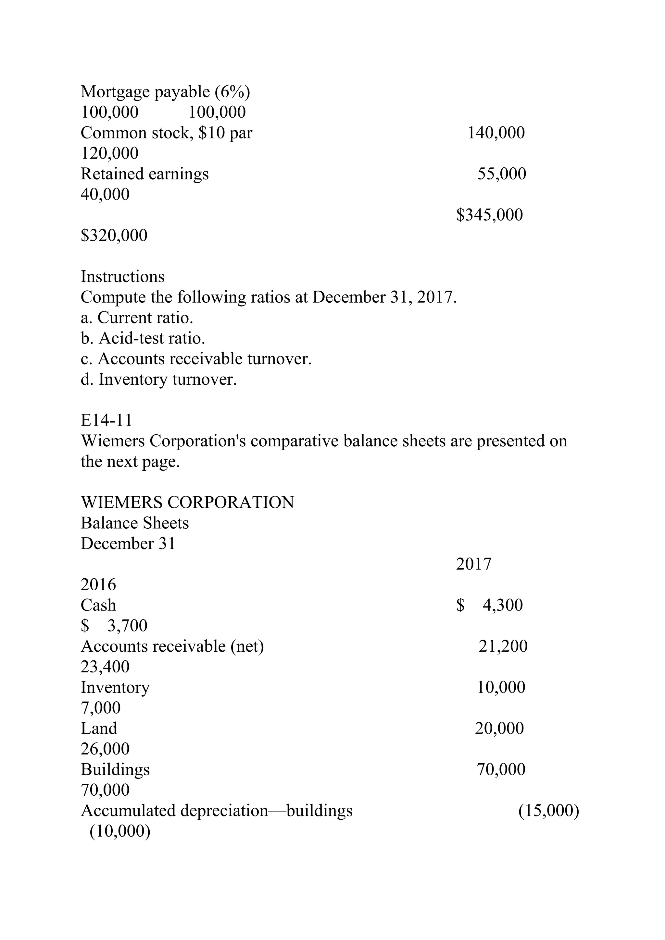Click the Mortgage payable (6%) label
[x=165, y=92]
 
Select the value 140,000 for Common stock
[x=496, y=133]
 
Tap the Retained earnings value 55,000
[x=502, y=174]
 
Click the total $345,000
[x=490, y=215]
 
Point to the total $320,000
[x=114, y=235]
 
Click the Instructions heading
[x=122, y=277]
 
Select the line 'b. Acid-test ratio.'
[x=143, y=338]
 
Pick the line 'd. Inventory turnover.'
[x=158, y=379]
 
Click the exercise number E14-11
[x=107, y=420]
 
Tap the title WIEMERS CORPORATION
[x=187, y=502]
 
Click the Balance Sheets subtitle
[x=135, y=523]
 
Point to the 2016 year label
[x=98, y=584]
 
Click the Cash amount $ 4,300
[x=490, y=605]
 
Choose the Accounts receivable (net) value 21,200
[x=503, y=646]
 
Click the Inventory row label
[x=115, y=687]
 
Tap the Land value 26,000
[x=105, y=749]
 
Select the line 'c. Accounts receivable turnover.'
[x=196, y=359]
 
